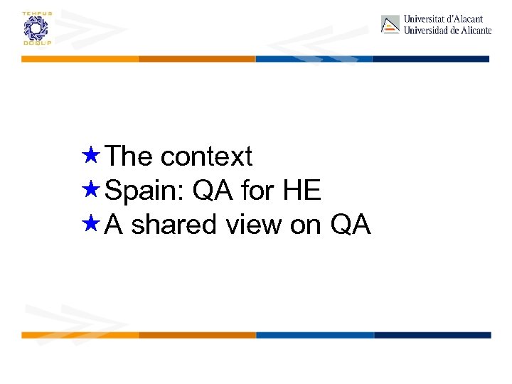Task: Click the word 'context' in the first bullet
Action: (206, 156)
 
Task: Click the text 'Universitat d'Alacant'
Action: (443, 19)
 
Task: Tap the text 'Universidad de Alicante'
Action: (447, 31)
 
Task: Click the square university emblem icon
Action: (390, 25)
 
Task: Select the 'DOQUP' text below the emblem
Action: (34, 43)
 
